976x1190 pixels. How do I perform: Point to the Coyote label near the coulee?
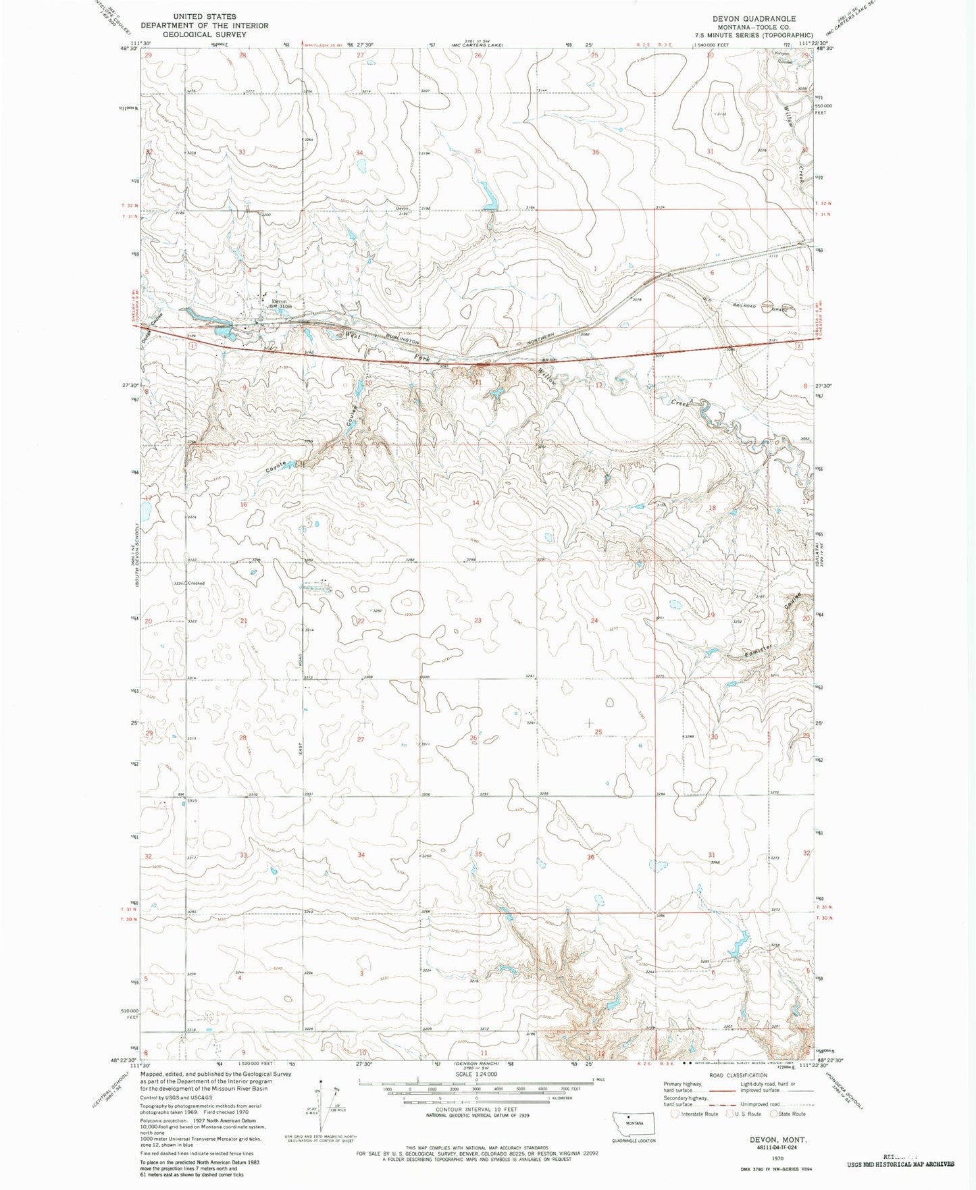click(276, 466)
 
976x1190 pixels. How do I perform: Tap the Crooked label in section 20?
click(196, 583)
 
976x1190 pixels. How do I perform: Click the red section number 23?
click(478, 620)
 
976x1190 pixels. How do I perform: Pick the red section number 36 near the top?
click(595, 153)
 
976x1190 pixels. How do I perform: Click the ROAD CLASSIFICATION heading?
click(738, 1076)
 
